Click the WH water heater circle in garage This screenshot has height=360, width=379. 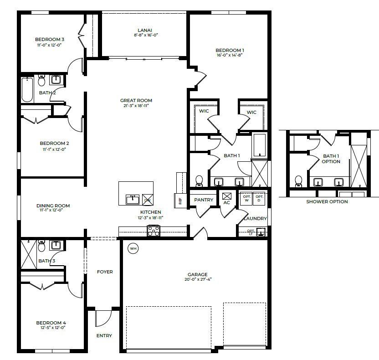tap(133, 248)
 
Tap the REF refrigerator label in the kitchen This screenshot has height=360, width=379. tap(180, 200)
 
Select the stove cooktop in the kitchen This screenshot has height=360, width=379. tap(153, 231)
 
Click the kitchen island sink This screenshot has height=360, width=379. tap(133, 199)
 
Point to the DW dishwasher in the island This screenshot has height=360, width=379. tap(148, 200)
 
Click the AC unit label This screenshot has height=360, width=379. tap(227, 202)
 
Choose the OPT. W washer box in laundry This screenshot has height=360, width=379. tap(247, 199)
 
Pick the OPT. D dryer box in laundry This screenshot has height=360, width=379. tap(259, 199)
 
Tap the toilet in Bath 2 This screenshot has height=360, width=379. tap(41, 81)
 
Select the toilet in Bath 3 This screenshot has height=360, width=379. tap(41, 246)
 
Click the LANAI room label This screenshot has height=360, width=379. tap(145, 30)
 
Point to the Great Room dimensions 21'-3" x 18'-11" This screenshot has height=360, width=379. tap(136, 106)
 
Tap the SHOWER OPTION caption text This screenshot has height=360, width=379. tap(327, 201)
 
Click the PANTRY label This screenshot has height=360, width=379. tap(201, 200)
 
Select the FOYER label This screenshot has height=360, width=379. tap(105, 272)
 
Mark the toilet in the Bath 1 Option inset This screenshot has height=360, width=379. tap(299, 181)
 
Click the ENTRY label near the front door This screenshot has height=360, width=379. tap(104, 336)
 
